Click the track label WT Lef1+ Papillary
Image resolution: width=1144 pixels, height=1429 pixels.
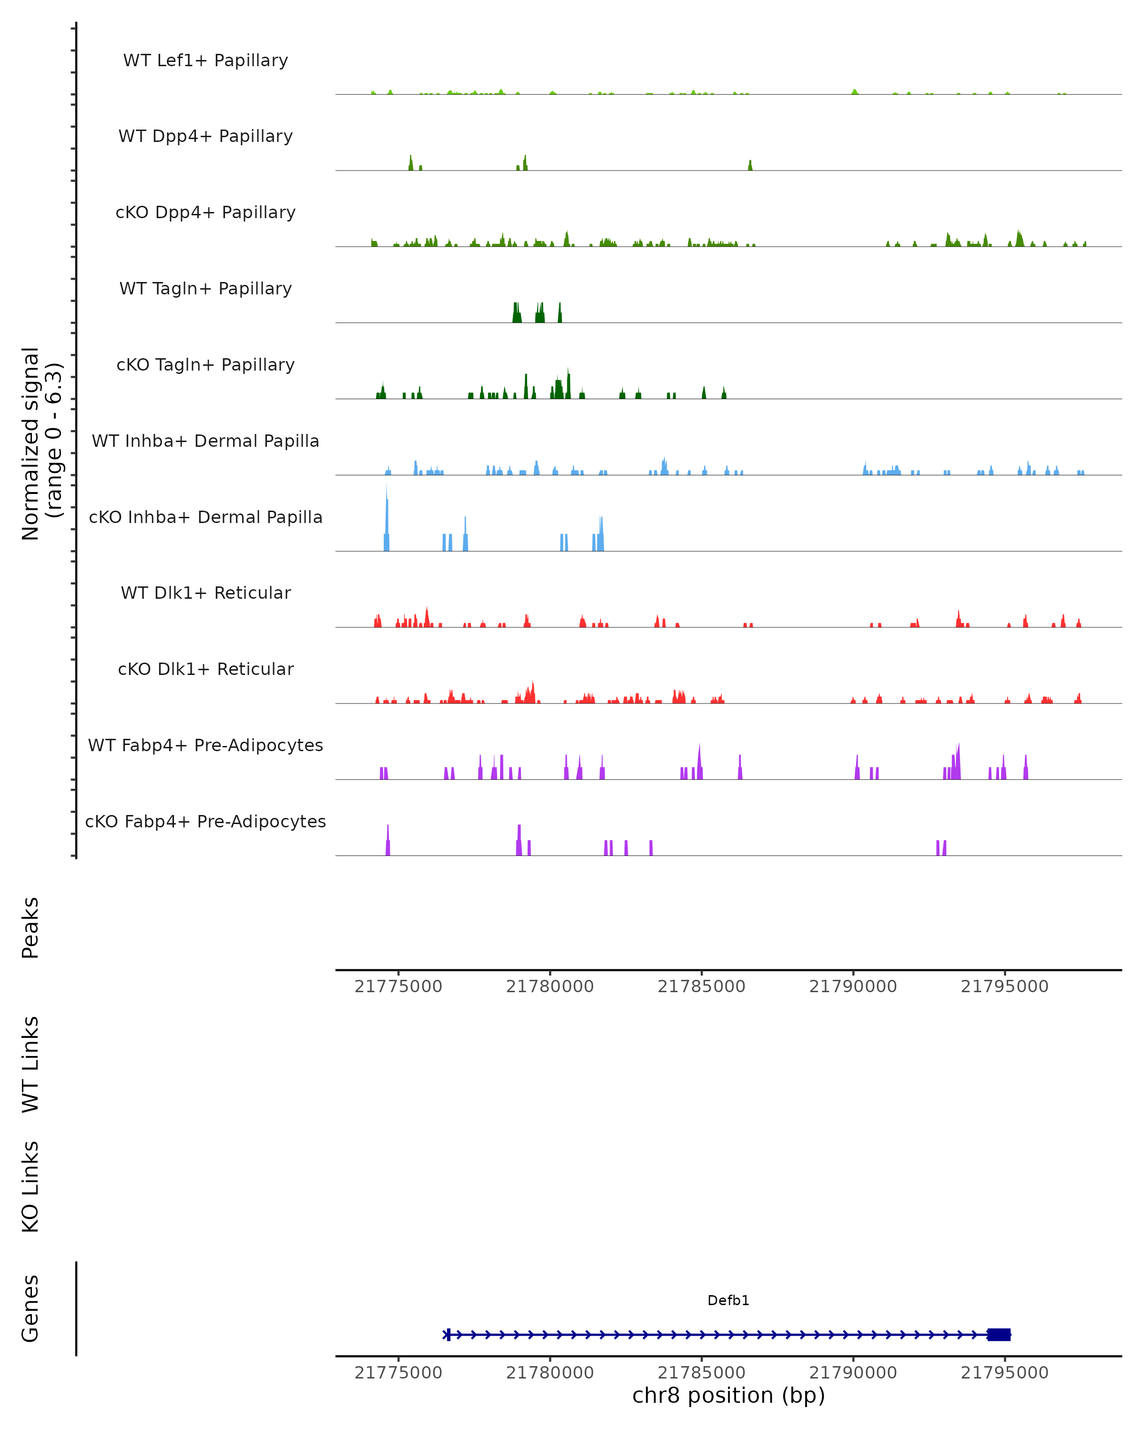pyautogui.click(x=205, y=60)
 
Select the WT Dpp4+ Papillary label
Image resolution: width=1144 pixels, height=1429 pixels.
pyautogui.click(x=205, y=137)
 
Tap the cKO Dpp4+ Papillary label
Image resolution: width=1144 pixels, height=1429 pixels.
pyautogui.click(x=205, y=213)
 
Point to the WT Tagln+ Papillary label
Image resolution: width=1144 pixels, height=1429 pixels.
pyautogui.click(x=205, y=289)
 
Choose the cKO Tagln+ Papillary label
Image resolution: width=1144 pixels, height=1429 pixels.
pyautogui.click(x=205, y=365)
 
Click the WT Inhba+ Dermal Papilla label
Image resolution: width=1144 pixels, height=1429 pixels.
pyautogui.click(x=205, y=442)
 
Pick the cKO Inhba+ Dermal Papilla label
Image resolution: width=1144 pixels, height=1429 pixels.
pyautogui.click(x=205, y=518)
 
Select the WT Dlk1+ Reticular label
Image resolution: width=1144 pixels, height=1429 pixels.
pyautogui.click(x=205, y=593)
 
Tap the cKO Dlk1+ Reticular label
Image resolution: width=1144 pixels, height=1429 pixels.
pyautogui.click(x=205, y=669)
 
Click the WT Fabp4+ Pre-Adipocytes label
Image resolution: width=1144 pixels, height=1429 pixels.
pyautogui.click(x=205, y=745)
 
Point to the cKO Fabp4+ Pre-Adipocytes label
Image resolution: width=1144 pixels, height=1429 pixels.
pyautogui.click(x=205, y=822)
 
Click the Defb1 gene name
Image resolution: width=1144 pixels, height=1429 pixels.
pyautogui.click(x=728, y=1300)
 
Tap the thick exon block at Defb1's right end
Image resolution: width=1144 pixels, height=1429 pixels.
pyautogui.click(x=999, y=1334)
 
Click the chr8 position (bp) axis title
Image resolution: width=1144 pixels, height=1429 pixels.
pyautogui.click(x=728, y=1396)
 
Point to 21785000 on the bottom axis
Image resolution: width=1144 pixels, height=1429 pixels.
pyautogui.click(x=701, y=1373)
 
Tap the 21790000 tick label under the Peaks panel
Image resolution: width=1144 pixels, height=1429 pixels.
pyautogui.click(x=853, y=987)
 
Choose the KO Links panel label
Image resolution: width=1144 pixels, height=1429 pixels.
pyautogui.click(x=31, y=1187)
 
